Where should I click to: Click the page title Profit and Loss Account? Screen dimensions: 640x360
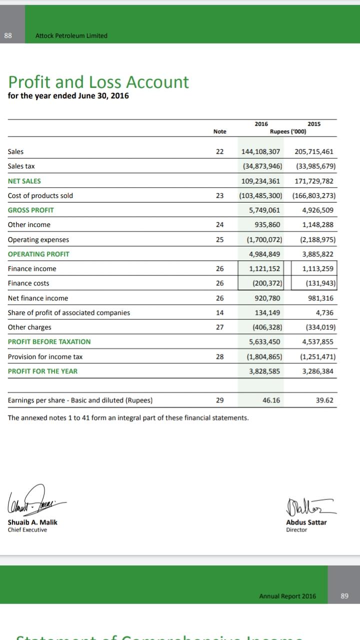click(x=98, y=82)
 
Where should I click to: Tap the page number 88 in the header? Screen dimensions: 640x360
click(x=7, y=35)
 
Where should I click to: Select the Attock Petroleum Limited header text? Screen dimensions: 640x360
click(x=71, y=35)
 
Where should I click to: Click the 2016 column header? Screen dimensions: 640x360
click(x=261, y=124)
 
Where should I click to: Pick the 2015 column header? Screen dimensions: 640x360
click(x=314, y=124)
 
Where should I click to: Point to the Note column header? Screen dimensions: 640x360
click(x=219, y=131)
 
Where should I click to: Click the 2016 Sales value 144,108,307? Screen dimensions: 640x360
click(x=260, y=151)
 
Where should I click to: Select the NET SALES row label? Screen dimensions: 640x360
click(x=24, y=181)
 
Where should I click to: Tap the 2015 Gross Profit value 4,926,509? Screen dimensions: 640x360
click(x=317, y=210)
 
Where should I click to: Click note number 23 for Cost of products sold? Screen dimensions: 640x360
click(x=219, y=195)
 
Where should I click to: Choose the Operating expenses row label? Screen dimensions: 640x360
click(x=38, y=239)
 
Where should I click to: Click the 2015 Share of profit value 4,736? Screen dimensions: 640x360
click(x=324, y=312)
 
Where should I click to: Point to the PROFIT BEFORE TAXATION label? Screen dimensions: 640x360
click(x=49, y=341)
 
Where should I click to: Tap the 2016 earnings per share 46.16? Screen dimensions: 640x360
click(x=270, y=400)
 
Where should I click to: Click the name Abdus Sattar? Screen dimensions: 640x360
click(x=306, y=522)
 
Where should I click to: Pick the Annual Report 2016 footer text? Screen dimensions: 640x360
click(x=287, y=596)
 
